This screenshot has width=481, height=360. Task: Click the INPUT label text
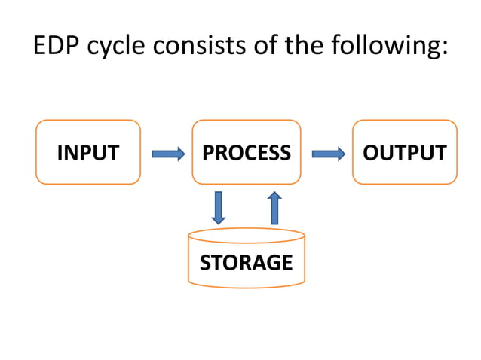click(88, 154)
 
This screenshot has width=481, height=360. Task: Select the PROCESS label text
click(246, 154)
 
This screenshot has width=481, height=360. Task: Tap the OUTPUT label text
click(405, 154)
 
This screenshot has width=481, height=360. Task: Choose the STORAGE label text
click(246, 263)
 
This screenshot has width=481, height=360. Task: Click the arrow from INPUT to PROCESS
click(168, 154)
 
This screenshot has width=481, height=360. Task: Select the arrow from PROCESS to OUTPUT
click(328, 154)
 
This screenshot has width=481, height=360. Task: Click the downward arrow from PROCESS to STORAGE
click(218, 208)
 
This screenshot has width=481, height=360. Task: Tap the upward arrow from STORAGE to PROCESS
click(274, 208)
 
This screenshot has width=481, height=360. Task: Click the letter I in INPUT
click(60, 154)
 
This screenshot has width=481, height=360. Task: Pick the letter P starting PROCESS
click(208, 154)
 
